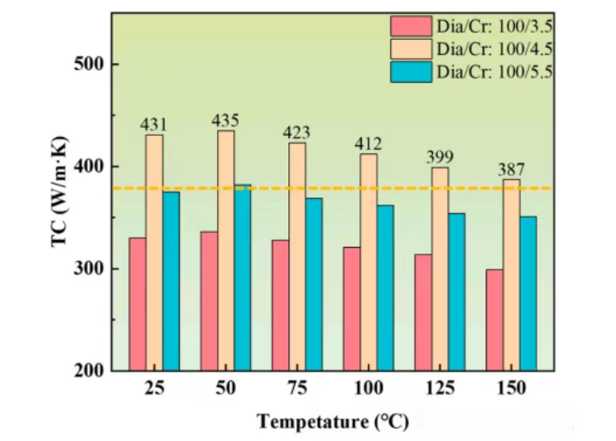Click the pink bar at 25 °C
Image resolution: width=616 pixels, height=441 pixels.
[137, 304]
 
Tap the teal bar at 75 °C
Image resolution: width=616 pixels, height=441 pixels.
[314, 284]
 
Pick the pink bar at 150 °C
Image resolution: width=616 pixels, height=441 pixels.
[494, 320]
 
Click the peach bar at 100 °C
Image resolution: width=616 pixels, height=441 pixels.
[368, 262]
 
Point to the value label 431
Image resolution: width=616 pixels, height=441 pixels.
[154, 125]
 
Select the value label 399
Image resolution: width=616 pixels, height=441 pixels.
[440, 157]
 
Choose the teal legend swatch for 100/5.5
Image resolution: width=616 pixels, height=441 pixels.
[411, 71]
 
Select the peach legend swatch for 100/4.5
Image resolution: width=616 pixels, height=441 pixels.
[411, 49]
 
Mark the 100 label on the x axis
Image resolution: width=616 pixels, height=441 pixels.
[368, 388]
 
